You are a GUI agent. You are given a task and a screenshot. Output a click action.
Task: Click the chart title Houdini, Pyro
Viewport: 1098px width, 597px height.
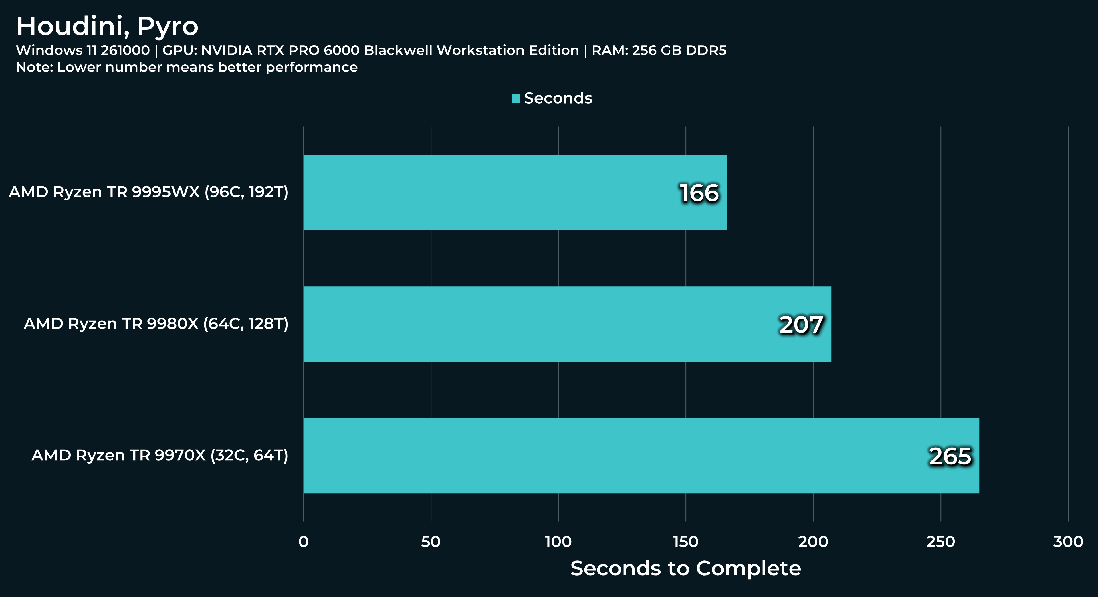coord(107,26)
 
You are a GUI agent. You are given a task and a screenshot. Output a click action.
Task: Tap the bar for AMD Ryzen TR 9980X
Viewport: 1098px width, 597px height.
coord(567,324)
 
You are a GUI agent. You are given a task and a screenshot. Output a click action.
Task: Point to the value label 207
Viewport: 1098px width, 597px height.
coord(801,325)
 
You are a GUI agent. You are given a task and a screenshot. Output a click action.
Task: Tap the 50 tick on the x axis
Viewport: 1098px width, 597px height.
coord(431,541)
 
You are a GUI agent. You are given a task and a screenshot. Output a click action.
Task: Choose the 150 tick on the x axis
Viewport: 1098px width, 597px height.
coord(685,541)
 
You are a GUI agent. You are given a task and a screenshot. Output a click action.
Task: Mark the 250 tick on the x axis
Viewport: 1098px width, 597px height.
coord(940,541)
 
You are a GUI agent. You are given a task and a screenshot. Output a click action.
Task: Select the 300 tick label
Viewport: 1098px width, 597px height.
coord(1068,541)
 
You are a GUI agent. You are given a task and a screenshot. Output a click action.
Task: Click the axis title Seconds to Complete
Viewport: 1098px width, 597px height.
coord(685,568)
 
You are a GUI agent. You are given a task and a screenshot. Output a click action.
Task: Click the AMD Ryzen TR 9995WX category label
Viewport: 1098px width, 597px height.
coord(148,192)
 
